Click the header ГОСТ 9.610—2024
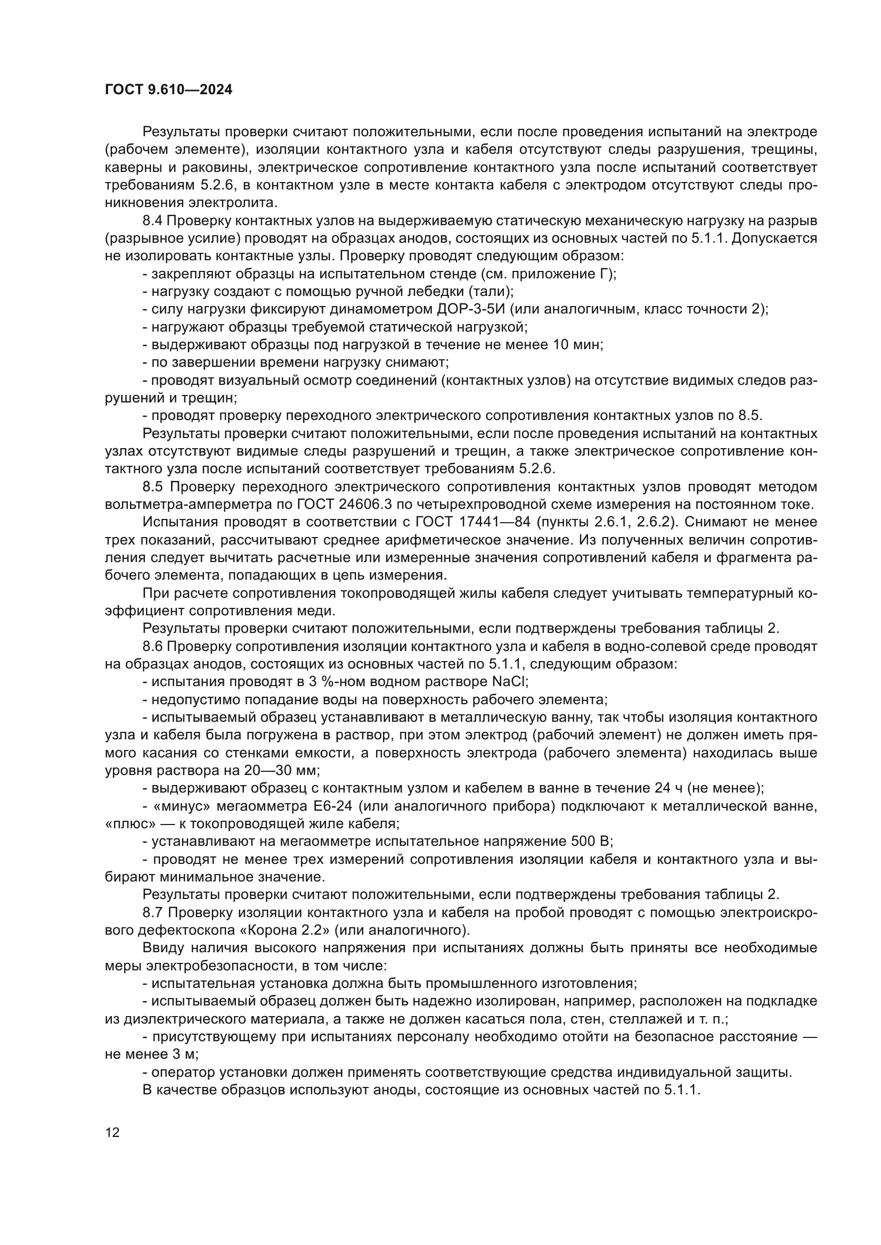168,90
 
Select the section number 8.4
153,221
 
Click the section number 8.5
153,487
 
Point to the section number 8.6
153,646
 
